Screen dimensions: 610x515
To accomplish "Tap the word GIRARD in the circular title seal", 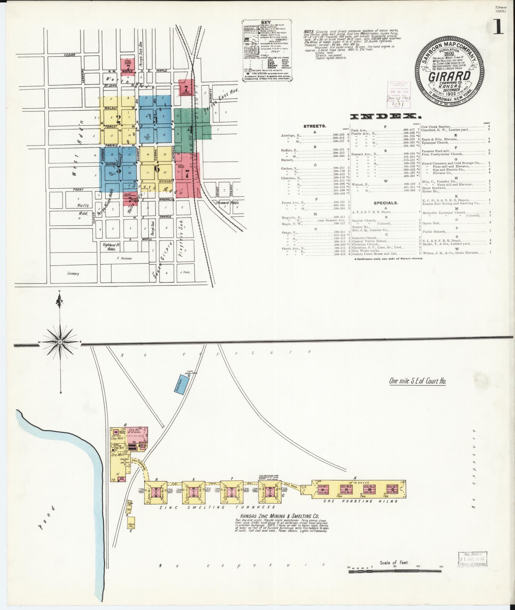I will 449,77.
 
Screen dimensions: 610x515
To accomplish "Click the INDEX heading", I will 385,117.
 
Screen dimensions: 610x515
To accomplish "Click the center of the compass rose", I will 60,342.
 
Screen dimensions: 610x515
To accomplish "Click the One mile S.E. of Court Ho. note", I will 417,381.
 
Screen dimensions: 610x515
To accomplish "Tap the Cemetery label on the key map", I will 73,274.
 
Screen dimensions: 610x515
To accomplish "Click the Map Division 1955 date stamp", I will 473,558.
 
